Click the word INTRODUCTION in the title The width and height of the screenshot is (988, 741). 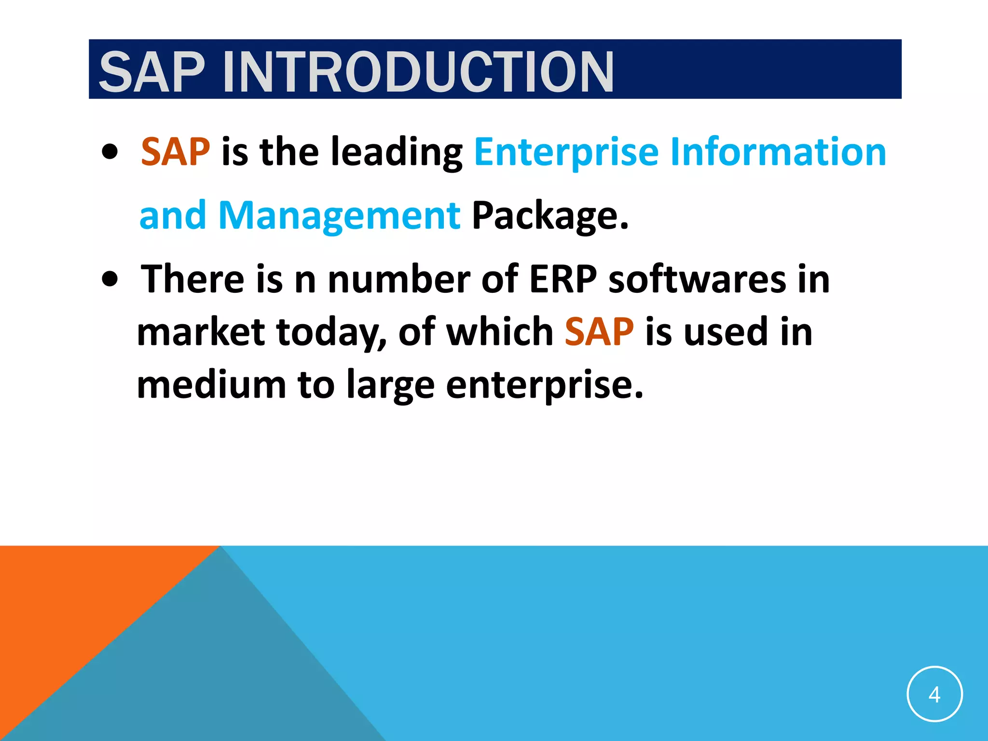pyautogui.click(x=418, y=72)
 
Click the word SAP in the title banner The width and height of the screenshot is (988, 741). pyautogui.click(x=152, y=72)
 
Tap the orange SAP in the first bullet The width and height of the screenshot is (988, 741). pyautogui.click(x=176, y=152)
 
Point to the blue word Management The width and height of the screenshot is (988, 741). pyautogui.click(x=339, y=216)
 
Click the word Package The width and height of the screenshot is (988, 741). pyautogui.click(x=550, y=216)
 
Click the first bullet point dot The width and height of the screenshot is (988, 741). pyautogui.click(x=110, y=152)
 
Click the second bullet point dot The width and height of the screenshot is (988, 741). pyautogui.click(x=110, y=279)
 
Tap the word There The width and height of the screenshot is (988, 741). pyautogui.click(x=192, y=279)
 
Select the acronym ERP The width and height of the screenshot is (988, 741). pyautogui.click(x=563, y=279)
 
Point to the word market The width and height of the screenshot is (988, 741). pyautogui.click(x=201, y=332)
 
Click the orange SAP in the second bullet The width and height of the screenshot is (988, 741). pyautogui.click(x=599, y=332)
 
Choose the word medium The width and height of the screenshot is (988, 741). pyautogui.click(x=211, y=385)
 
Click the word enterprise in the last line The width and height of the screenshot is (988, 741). pyautogui.click(x=544, y=386)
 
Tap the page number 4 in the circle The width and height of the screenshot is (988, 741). pyautogui.click(x=934, y=694)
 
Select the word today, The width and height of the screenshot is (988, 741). pyautogui.click(x=331, y=333)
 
